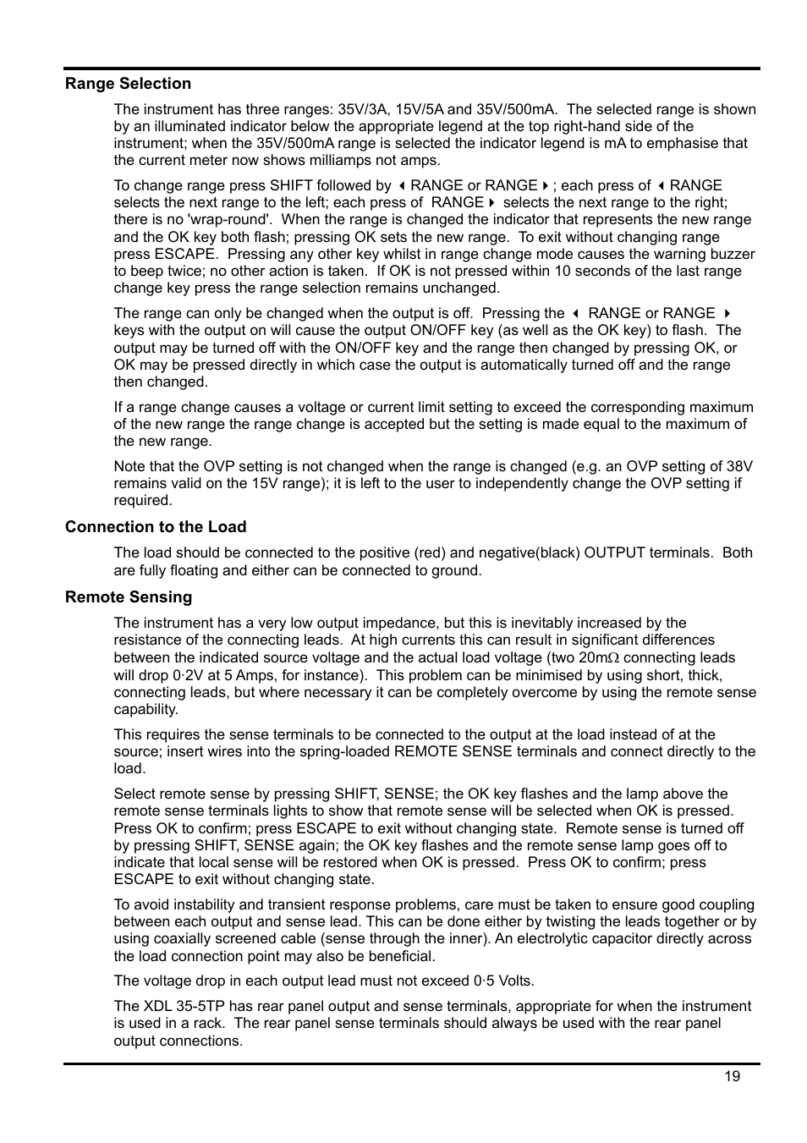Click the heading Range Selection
pyautogui.click(x=128, y=84)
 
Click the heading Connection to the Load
pyautogui.click(x=156, y=527)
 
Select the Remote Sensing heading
pyautogui.click(x=129, y=597)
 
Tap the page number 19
pyautogui.click(x=732, y=1076)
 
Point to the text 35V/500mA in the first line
pyautogui.click(x=516, y=109)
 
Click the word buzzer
pyautogui.click(x=732, y=254)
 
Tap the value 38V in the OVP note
pyautogui.click(x=738, y=466)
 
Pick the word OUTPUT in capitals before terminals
pyautogui.click(x=614, y=552)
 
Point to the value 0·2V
pyautogui.click(x=189, y=675)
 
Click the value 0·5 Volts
pyautogui.click(x=503, y=981)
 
